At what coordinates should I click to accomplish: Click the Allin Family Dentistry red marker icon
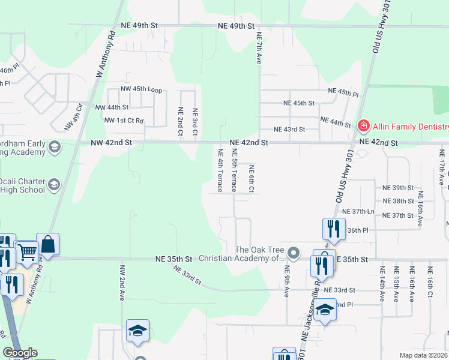pos(363,126)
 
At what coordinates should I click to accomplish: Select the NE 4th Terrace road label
pos(220,170)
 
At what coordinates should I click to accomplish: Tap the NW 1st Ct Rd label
pos(124,121)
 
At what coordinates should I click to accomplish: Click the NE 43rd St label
pos(289,130)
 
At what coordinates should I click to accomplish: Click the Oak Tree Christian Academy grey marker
pos(294,253)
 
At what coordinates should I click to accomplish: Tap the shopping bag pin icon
pos(48,244)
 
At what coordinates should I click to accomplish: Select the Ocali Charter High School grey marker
pos(54,184)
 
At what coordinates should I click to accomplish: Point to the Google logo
pos(20,353)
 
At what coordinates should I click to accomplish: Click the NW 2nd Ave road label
pos(122,283)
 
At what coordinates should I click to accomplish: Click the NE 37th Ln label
pos(358,211)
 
